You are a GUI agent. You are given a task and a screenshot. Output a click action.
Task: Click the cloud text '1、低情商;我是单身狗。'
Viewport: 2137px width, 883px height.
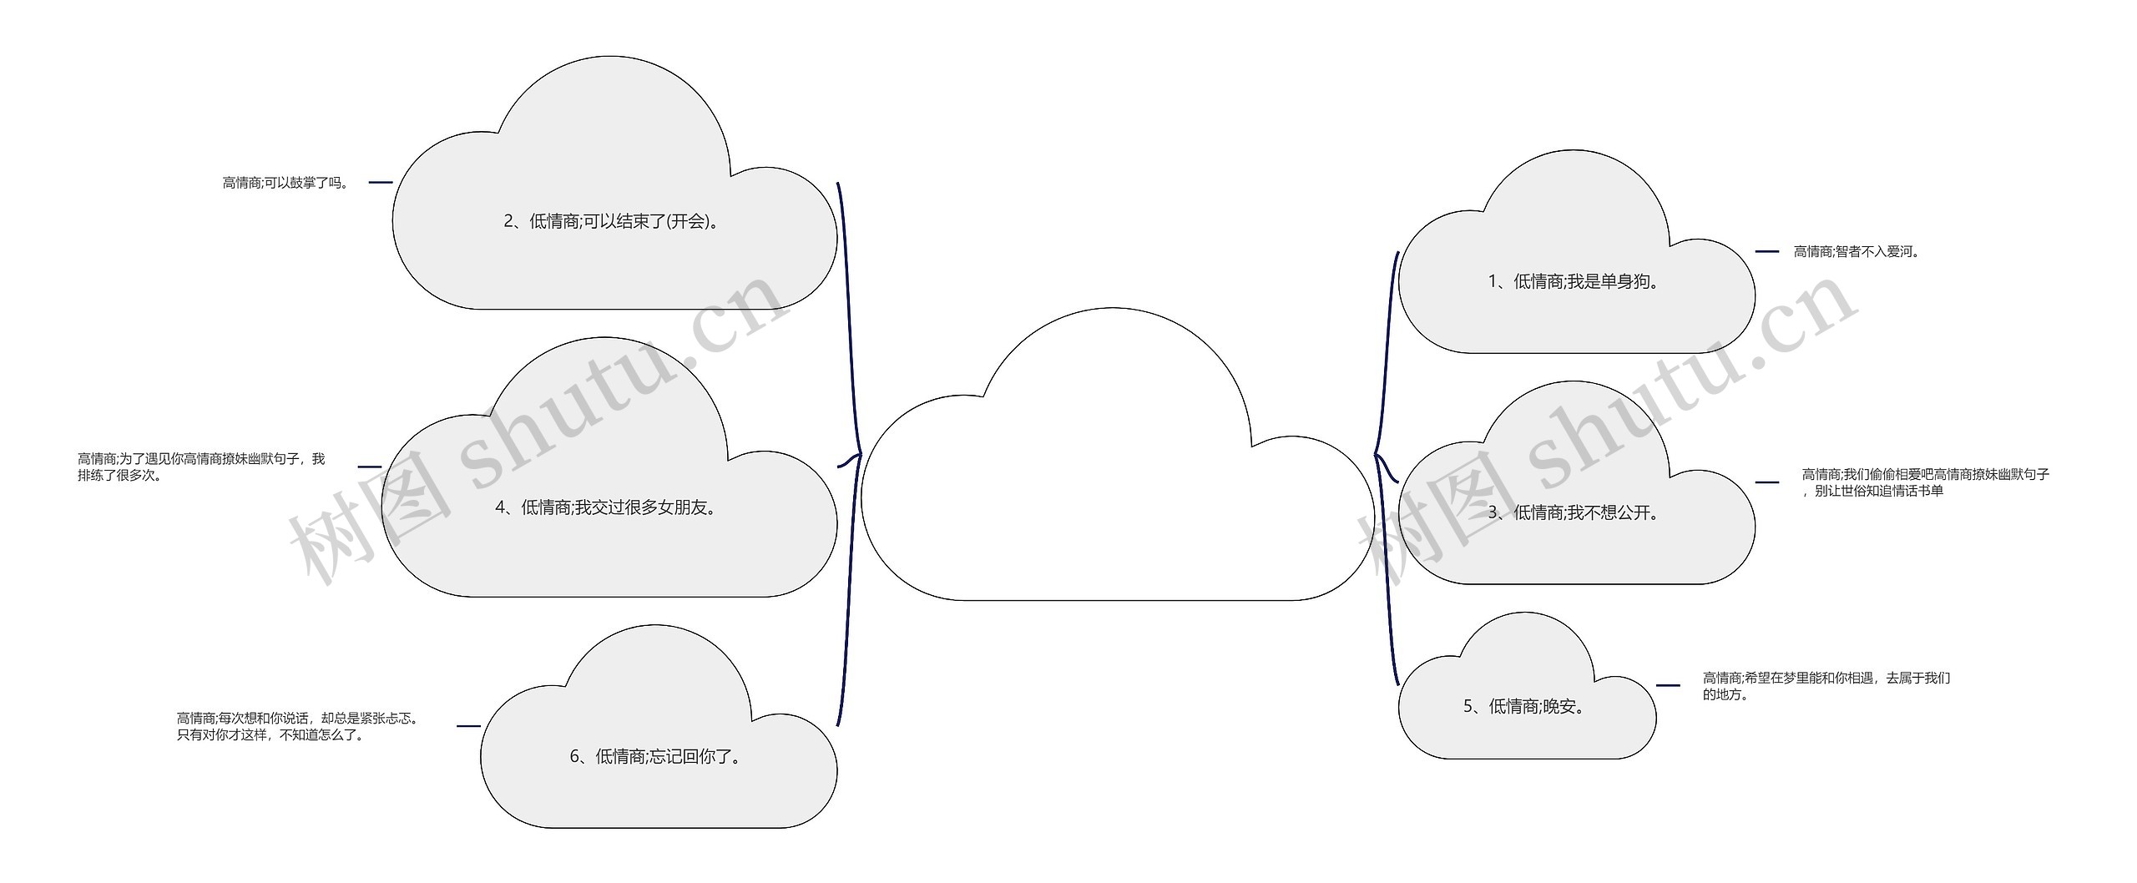1575,282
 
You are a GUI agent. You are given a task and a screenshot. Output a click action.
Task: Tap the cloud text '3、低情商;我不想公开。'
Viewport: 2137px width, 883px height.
1575,513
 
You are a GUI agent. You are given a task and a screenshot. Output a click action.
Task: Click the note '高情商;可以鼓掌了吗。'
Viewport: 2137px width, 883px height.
285,183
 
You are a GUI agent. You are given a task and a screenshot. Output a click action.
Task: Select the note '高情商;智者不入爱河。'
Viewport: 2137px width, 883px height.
1857,251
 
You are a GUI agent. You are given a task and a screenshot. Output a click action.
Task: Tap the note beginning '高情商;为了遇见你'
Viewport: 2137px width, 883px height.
201,467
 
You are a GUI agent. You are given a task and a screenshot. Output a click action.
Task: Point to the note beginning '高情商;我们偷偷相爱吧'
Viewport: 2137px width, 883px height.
1925,482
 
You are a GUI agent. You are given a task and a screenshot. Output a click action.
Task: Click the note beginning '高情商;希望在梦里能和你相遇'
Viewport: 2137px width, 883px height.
1826,686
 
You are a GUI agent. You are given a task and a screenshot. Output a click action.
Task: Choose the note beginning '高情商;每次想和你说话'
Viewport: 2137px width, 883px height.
297,726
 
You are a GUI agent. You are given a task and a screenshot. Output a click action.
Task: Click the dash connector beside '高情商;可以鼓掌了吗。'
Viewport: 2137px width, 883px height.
380,182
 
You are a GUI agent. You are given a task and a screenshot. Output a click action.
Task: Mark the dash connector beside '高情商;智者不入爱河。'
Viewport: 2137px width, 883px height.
1767,251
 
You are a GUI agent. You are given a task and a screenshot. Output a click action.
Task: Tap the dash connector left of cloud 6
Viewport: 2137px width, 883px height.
468,726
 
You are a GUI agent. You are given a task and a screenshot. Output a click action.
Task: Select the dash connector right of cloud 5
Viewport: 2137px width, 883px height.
1668,685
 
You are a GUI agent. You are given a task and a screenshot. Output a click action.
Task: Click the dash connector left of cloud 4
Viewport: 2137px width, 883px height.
369,467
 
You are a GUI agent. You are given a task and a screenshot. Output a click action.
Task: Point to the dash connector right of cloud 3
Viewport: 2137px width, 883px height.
1767,482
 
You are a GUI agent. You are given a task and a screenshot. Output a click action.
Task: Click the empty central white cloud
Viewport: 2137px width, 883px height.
1116,501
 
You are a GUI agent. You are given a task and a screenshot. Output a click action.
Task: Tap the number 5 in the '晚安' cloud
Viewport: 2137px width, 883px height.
1468,707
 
